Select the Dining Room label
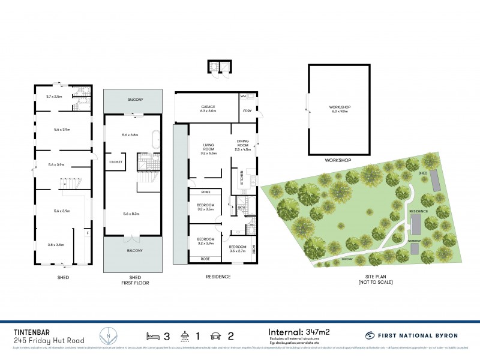tap(242, 144)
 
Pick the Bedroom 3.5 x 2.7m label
tap(237, 248)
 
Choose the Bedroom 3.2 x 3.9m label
tap(206, 241)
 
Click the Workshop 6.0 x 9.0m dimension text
tap(338, 109)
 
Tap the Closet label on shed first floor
tap(116, 162)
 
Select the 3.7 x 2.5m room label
tap(55, 96)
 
